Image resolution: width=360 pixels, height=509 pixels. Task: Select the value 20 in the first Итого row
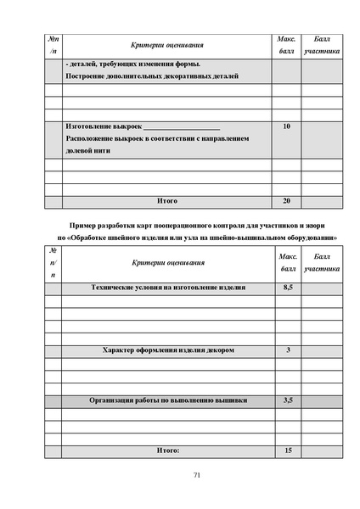pos(286,201)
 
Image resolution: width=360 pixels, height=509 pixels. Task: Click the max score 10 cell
pos(286,126)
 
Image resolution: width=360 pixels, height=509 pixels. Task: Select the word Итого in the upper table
pos(167,201)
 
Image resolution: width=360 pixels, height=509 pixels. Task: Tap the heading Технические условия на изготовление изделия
pos(168,288)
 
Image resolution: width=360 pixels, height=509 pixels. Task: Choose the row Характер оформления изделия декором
pos(168,350)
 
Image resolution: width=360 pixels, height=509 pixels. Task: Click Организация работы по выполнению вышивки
pos(168,400)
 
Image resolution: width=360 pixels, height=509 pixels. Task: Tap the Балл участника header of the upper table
pos(322,45)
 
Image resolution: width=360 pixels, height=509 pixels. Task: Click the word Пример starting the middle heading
pos(84,225)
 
